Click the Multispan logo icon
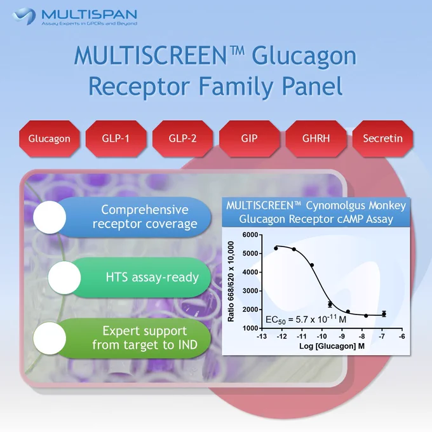(x=24, y=16)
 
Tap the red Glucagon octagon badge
(x=50, y=138)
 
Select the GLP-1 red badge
(x=116, y=138)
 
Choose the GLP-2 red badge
(x=183, y=138)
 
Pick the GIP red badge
(x=249, y=138)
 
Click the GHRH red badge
(x=316, y=138)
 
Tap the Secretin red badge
(x=382, y=138)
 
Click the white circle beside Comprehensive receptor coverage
(x=50, y=217)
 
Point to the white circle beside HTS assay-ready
(x=64, y=278)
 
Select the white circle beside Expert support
(x=50, y=338)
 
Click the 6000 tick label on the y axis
(x=250, y=234)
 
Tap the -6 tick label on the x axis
(x=402, y=336)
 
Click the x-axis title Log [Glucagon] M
(x=332, y=346)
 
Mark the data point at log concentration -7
(x=384, y=314)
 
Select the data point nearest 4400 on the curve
(x=312, y=265)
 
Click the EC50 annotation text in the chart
(x=306, y=319)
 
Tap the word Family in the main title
(x=236, y=86)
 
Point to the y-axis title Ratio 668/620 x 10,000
(x=231, y=281)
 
